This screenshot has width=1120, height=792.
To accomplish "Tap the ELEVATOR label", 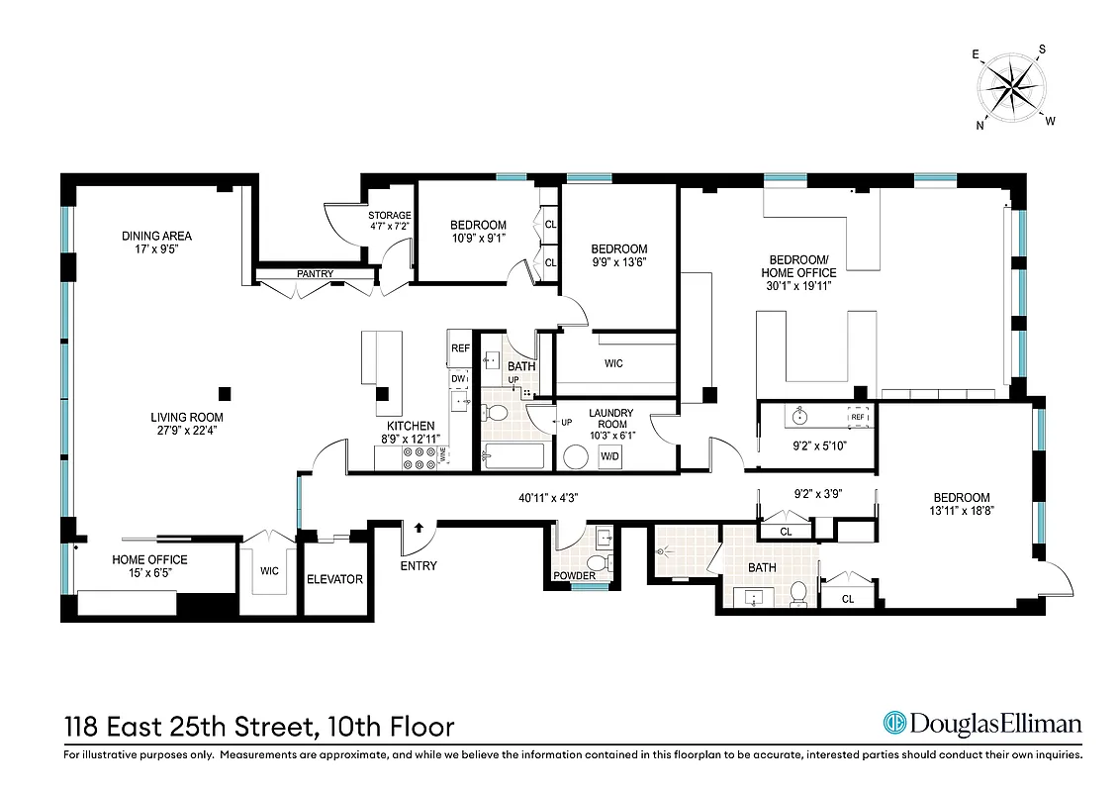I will point(334,579).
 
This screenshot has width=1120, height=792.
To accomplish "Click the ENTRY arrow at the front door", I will point(420,529).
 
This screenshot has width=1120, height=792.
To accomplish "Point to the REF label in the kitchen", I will point(460,348).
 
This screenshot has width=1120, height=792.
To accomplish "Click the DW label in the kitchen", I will point(458,378).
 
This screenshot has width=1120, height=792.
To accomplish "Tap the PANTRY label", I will point(315,274).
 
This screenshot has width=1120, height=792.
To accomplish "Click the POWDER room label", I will point(574,575).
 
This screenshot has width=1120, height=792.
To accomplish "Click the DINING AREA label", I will point(156,236).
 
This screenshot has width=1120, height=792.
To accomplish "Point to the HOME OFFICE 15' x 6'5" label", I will point(149,566).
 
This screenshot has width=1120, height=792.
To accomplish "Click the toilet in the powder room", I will point(607,562).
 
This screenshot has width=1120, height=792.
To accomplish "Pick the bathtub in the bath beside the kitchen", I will point(512,456).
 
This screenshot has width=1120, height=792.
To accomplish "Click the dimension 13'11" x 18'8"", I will point(961,512).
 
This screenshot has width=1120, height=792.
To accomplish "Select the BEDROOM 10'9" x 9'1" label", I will point(478,231).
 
